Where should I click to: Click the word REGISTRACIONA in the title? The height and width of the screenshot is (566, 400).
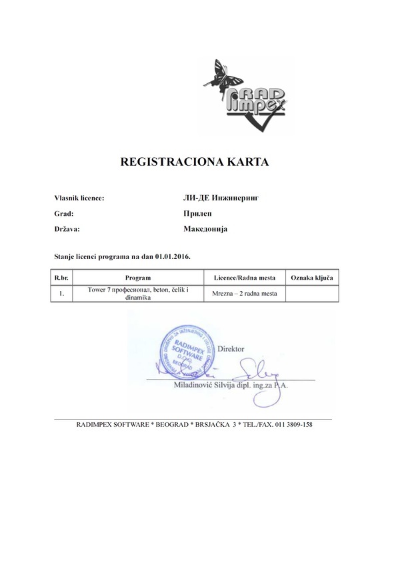165,161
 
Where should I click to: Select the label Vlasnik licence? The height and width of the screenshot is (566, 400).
79,198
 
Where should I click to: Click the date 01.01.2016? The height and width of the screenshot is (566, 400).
173,256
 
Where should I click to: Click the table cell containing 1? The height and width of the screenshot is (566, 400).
61,294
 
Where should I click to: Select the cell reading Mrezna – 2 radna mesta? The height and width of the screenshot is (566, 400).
244,294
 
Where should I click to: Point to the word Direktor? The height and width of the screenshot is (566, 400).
231,348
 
